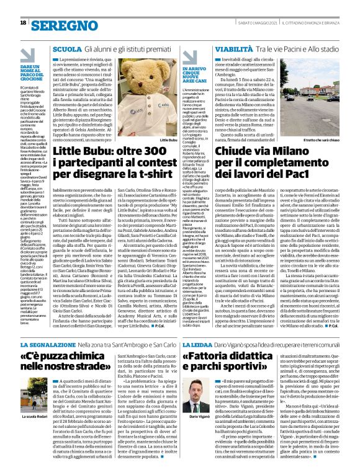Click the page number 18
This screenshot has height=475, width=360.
click(x=22, y=24)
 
